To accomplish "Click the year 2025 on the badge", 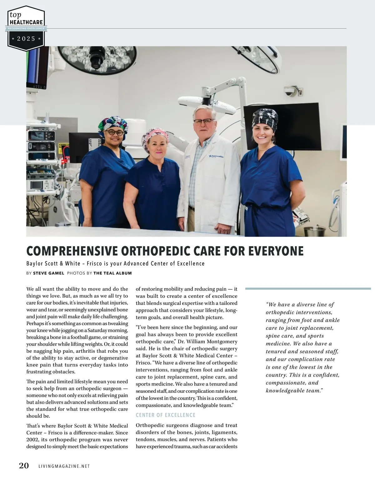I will click(x=26, y=39).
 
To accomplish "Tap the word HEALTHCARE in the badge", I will click(x=26, y=23).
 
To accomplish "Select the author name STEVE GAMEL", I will click(x=48, y=273).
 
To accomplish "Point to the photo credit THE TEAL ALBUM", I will click(x=112, y=273).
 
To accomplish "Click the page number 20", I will click(x=24, y=466).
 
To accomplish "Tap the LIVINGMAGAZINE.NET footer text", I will click(x=64, y=466).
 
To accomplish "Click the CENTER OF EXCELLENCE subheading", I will click(x=166, y=415).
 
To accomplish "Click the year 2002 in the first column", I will click(x=33, y=439).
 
